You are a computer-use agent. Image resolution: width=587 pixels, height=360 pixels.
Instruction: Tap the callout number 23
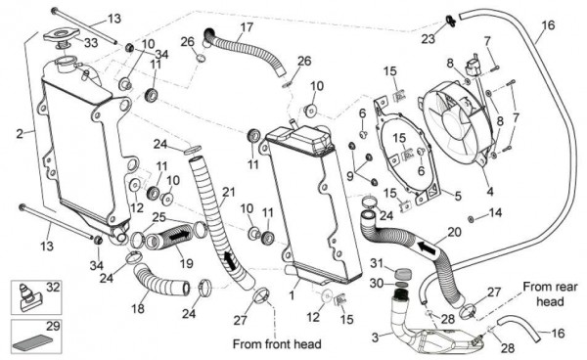[429, 38]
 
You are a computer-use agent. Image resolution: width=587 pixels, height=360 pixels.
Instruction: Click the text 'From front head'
[277, 344]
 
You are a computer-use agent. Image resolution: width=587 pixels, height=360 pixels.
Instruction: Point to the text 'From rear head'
[550, 294]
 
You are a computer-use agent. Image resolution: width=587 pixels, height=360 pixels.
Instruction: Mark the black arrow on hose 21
[230, 260]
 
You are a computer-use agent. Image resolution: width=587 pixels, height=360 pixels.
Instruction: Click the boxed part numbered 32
[28, 296]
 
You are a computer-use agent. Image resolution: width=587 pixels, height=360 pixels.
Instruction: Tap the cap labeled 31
[403, 273]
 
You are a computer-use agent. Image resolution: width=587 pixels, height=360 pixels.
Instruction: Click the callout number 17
[248, 27]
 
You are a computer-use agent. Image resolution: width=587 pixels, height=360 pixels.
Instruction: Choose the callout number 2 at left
[20, 134]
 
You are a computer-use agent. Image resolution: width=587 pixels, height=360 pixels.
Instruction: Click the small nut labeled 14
[471, 219]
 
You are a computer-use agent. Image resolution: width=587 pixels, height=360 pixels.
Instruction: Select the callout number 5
[458, 196]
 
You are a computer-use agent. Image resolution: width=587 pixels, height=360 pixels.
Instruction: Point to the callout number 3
[376, 337]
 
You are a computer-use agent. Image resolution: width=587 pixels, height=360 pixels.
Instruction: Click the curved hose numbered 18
[160, 279]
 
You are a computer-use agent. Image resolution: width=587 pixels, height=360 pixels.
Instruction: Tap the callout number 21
[228, 193]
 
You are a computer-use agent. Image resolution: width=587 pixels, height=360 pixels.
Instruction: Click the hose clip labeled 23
[450, 21]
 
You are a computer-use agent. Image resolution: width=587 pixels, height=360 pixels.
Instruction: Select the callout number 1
[292, 295]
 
